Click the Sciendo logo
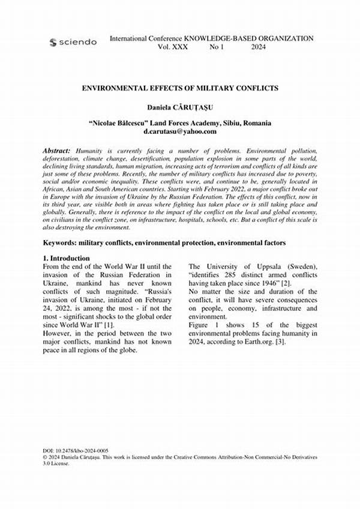(73, 42)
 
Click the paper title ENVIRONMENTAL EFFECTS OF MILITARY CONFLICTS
(180, 88)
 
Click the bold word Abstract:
(57, 149)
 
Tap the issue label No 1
(217, 47)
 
